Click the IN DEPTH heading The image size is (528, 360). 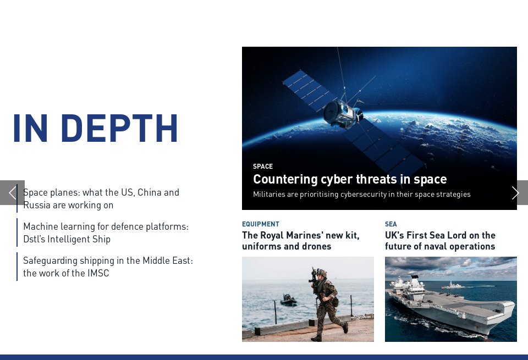(x=95, y=129)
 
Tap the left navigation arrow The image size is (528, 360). (x=12, y=193)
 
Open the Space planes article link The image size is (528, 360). (x=101, y=199)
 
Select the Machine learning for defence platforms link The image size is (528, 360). (x=106, y=232)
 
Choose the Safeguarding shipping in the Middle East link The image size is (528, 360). (x=108, y=267)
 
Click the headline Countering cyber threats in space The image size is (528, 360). (x=350, y=179)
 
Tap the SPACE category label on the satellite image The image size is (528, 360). (x=263, y=167)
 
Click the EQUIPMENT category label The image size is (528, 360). (x=261, y=224)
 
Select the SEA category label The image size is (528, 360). (x=391, y=224)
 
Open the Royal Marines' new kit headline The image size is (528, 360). (x=301, y=241)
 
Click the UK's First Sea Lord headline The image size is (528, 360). (x=440, y=241)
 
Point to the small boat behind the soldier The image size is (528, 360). (x=288, y=300)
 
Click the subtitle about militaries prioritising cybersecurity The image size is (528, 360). (x=361, y=194)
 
